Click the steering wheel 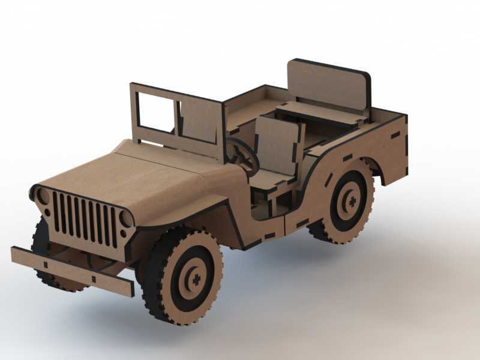243,155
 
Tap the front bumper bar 71,271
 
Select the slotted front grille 85,219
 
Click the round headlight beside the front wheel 127,218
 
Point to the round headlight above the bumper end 43,196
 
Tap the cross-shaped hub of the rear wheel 351,200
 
